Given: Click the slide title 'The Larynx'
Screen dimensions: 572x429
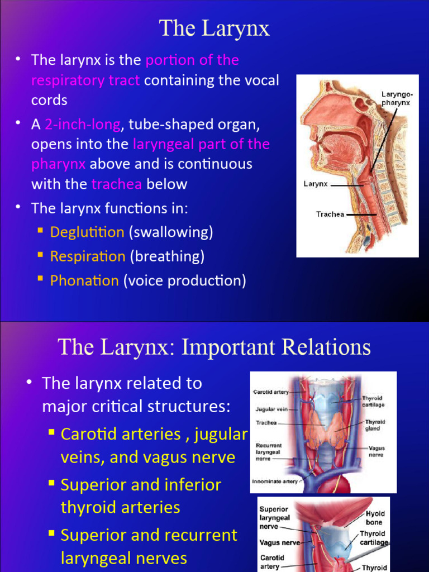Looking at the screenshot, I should pos(214,28).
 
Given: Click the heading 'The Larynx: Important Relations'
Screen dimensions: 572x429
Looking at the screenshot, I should pos(214,347).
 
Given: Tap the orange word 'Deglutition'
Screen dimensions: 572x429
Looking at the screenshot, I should pos(87,232).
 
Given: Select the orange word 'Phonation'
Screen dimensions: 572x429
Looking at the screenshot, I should pos(84,280).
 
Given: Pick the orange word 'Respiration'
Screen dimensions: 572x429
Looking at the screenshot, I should pos(88,256).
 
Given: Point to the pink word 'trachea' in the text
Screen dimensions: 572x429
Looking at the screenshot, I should pos(117,184).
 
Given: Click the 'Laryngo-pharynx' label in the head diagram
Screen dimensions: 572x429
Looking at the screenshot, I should pos(397,99).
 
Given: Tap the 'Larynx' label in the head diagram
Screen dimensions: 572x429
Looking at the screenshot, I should pos(316,184).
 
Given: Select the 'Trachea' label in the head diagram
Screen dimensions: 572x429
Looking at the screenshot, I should pos(330,214).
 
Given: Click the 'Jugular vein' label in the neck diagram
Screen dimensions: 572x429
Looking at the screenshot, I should pos(271,409).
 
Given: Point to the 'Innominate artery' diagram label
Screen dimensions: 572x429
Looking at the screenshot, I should pos(274,480).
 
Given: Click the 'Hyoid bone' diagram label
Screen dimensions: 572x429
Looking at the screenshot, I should pos(375,517).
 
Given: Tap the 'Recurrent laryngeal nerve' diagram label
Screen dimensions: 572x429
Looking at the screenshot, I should pos(269,452).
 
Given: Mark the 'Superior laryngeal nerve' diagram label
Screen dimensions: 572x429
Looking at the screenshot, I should pos(274,518).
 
